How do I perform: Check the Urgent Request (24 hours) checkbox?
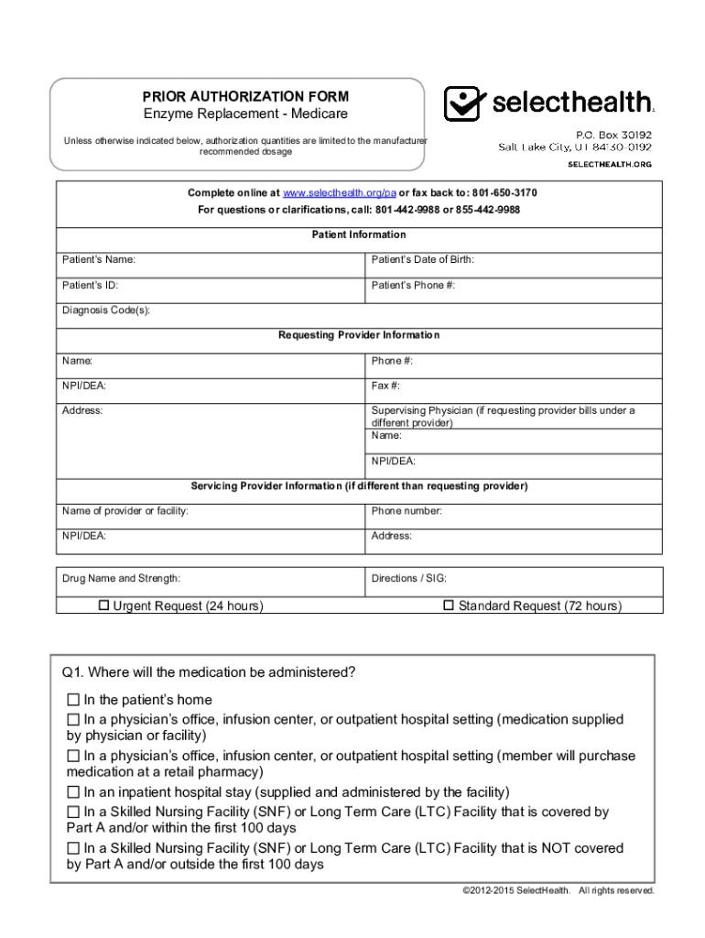[x=104, y=605]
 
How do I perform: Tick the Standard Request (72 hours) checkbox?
[x=449, y=605]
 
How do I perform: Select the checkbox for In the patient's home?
[x=73, y=700]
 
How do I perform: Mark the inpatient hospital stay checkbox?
[x=73, y=791]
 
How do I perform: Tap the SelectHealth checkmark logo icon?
[x=463, y=104]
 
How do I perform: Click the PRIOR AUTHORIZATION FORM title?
[x=244, y=96]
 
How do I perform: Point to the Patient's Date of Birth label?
[x=422, y=260]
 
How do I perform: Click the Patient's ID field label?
[x=90, y=285]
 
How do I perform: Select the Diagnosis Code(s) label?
[x=106, y=311]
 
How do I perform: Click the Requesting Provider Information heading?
[x=359, y=335]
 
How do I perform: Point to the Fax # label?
[x=385, y=386]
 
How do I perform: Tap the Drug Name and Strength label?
[x=121, y=579]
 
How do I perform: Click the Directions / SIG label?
[x=408, y=579]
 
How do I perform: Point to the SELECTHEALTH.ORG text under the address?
[x=610, y=164]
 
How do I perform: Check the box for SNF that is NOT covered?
[x=73, y=848]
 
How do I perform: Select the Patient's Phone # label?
[x=413, y=285]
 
